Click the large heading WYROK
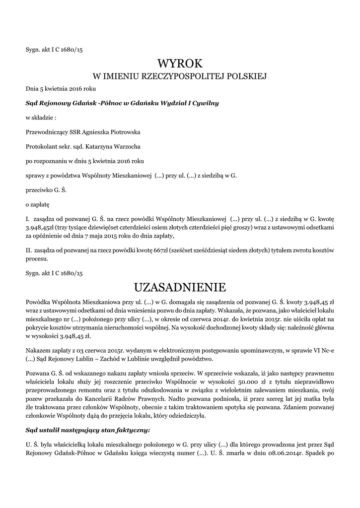click(x=180, y=63)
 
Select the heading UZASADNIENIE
click(x=180, y=287)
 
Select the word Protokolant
click(x=41, y=147)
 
